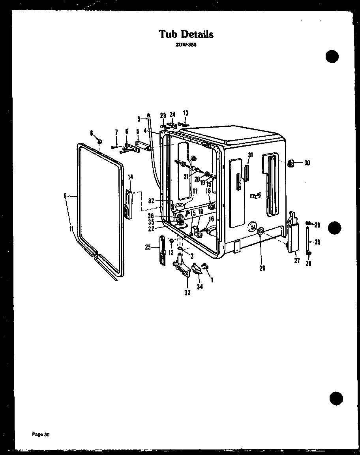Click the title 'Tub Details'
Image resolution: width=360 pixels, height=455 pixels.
pos(186,34)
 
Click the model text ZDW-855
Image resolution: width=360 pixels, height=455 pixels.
pos(186,45)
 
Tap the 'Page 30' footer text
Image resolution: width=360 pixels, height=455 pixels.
pos(41,435)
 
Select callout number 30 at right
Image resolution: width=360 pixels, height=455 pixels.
pos(307,163)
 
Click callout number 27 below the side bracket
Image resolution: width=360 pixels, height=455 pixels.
pos(297,261)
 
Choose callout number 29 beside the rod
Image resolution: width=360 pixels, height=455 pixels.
pos(317,242)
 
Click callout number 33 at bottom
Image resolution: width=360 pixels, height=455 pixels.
pos(187,293)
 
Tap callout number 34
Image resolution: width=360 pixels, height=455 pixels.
pos(200,286)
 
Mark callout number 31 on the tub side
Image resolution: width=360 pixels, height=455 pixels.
pos(249,155)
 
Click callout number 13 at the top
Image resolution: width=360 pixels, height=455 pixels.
pos(186,113)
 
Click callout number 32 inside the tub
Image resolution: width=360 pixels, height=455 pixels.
pos(151,201)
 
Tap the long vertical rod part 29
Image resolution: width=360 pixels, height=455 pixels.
pos(308,239)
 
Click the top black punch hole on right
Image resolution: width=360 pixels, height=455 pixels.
pos(332,56)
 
